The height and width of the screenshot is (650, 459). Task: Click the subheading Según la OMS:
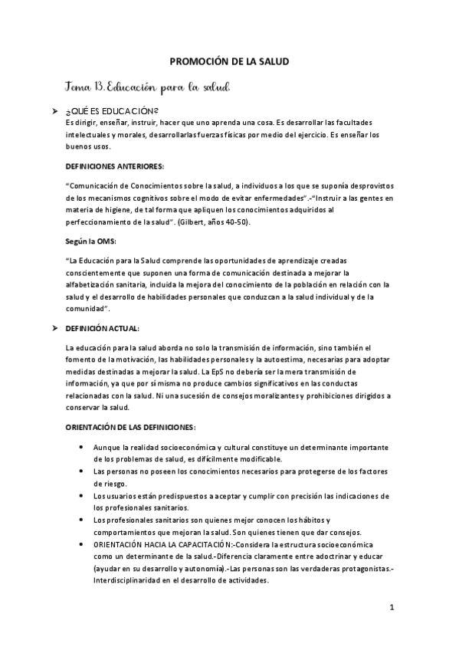click(x=90, y=241)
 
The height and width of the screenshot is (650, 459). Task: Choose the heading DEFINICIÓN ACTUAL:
click(x=103, y=328)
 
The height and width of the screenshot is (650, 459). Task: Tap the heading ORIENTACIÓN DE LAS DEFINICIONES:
click(x=131, y=425)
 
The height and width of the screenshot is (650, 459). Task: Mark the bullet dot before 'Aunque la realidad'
click(x=82, y=446)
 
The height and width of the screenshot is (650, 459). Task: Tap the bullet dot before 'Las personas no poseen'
click(x=82, y=470)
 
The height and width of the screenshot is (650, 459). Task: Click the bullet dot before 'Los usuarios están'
click(x=82, y=494)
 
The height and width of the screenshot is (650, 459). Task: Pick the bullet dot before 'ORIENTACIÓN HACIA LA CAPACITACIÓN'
click(x=82, y=543)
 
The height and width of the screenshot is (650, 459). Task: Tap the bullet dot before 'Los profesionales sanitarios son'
click(x=82, y=519)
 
